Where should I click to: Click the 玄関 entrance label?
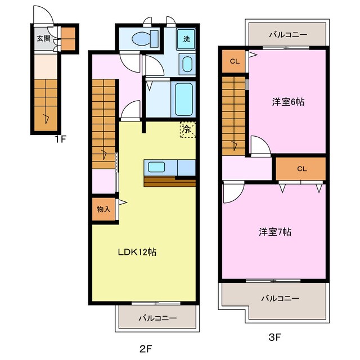coord(44,38)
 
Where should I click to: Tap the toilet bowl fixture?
coord(145,39)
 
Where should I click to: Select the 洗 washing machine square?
coord(186,39)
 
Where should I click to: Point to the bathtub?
coord(184,99)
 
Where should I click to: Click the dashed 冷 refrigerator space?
coord(187,129)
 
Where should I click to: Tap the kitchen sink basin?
coord(156,167)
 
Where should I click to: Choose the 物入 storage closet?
coord(103,209)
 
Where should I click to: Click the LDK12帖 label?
coord(137,252)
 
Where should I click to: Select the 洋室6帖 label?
coord(289,102)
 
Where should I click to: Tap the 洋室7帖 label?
coord(275,232)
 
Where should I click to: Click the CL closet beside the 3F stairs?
coord(235,61)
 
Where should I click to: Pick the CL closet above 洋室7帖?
coord(301,169)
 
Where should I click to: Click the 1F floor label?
coord(60,139)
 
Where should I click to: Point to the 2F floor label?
coord(146,349)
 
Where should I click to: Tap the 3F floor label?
coord(274,337)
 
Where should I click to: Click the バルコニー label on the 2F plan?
coord(157,318)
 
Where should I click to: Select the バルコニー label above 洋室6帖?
coord(288,35)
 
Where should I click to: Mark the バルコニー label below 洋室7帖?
coord(281,298)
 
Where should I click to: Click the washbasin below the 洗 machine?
coord(187,64)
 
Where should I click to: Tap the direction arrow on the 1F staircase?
coord(47,118)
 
